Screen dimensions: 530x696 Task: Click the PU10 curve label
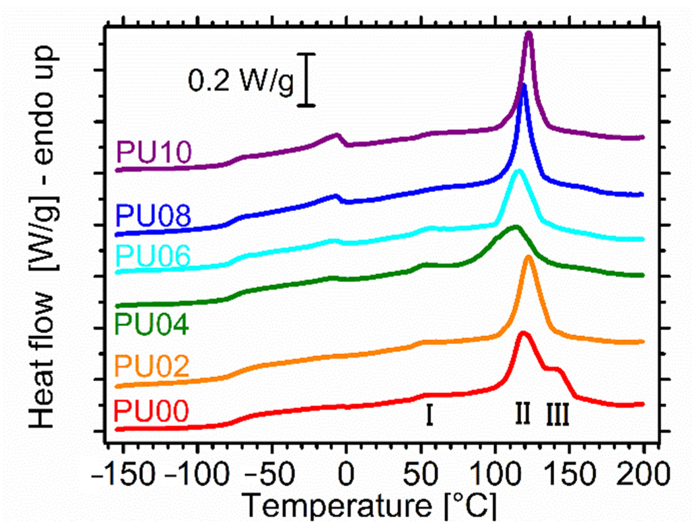coord(154,152)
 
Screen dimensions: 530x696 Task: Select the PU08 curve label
coord(153,216)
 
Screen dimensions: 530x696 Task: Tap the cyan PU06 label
coord(153,256)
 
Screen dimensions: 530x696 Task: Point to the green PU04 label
coord(152,324)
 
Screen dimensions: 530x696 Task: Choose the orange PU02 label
coord(152,366)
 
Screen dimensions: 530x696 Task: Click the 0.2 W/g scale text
coord(241,80)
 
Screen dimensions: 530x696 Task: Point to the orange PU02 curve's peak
coord(528,258)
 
